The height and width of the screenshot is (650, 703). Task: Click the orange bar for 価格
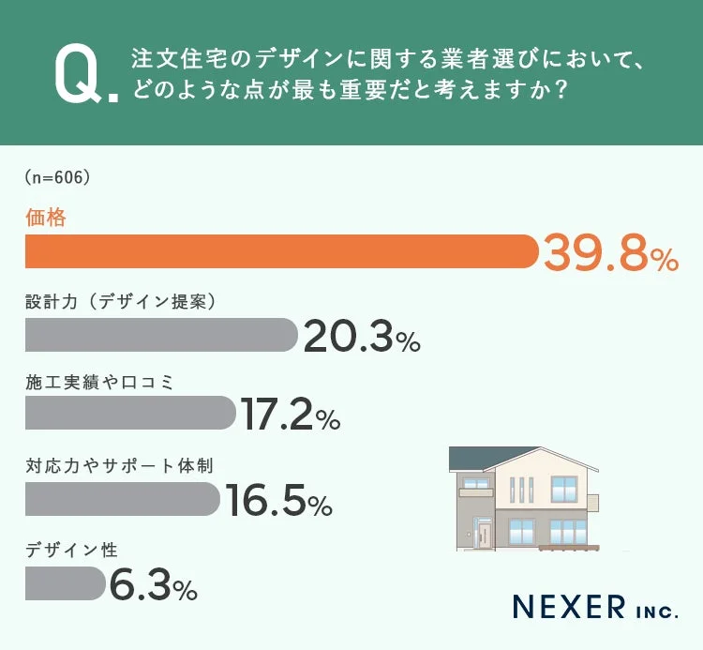[281, 251]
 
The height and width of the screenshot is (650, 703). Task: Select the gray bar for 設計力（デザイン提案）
[159, 334]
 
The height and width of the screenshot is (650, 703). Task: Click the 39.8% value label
[610, 253]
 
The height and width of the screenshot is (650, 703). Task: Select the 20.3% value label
[361, 337]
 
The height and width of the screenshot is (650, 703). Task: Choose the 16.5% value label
[278, 502]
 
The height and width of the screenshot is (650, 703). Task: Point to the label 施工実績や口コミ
[100, 381]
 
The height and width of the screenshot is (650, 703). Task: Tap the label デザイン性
[70, 550]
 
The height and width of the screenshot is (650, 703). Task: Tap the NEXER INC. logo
[594, 607]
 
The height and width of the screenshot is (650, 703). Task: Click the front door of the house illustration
[484, 536]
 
